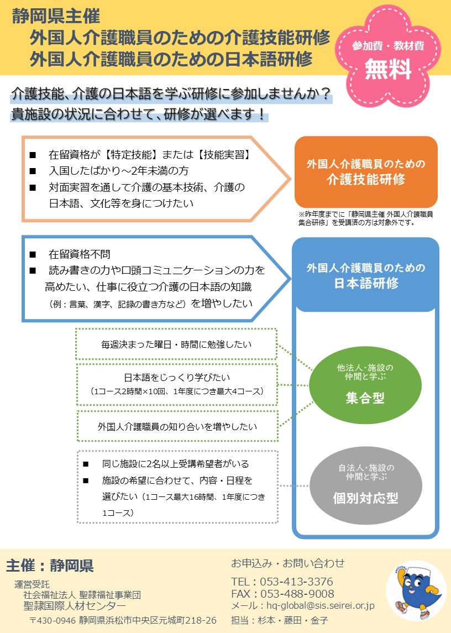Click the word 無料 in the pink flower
point(387,69)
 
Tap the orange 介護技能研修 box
point(366,172)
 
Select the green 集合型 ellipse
point(365,385)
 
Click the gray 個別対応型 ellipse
point(366,485)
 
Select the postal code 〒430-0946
point(53,620)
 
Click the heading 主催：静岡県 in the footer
point(50,566)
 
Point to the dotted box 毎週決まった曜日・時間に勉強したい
point(176,344)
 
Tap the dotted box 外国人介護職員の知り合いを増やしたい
point(177,426)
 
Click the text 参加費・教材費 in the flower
point(388,46)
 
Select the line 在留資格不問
point(80,254)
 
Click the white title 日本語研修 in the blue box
point(366,284)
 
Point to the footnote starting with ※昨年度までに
point(365,218)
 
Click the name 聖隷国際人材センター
point(75,606)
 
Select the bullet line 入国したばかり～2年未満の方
point(119,171)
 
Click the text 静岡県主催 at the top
point(56,17)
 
